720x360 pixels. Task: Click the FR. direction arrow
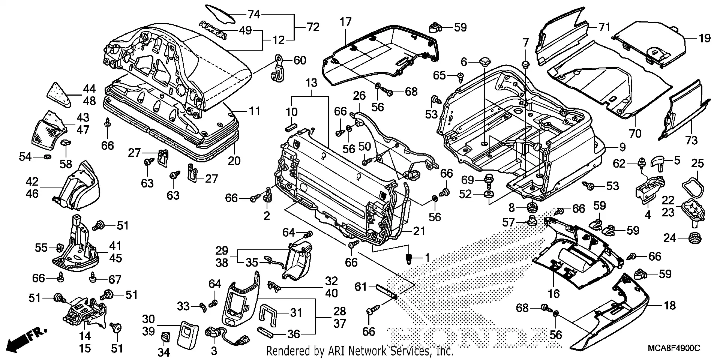pyautogui.click(x=26, y=339)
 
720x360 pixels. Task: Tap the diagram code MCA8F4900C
pyautogui.click(x=674, y=349)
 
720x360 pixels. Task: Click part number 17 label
pyautogui.click(x=345, y=22)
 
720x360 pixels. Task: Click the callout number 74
pyautogui.click(x=254, y=15)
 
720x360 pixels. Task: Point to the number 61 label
pyautogui.click(x=361, y=287)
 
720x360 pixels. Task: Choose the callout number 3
pyautogui.click(x=214, y=351)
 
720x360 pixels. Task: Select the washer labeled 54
pyautogui.click(x=48, y=156)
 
